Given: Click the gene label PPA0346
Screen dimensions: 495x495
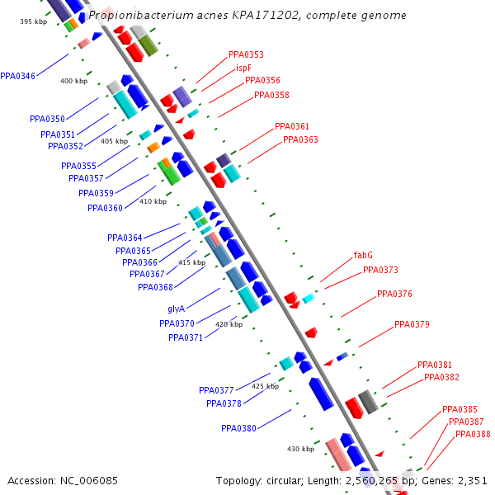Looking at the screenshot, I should pyautogui.click(x=17, y=76).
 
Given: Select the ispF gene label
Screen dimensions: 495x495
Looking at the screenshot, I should pyautogui.click(x=243, y=68).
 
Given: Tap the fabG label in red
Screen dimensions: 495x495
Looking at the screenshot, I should pyautogui.click(x=363, y=256).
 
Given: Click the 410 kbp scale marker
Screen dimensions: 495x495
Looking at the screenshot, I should pyautogui.click(x=153, y=201).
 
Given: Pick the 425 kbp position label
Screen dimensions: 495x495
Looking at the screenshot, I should pyautogui.click(x=265, y=386).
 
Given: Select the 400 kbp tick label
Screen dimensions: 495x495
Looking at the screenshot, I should pyautogui.click(x=73, y=81).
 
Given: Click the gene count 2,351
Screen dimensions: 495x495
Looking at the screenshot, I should pyautogui.click(x=472, y=480).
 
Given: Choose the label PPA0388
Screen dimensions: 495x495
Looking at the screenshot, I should pyautogui.click(x=473, y=434).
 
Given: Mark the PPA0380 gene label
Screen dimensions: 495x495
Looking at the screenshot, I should pyautogui.click(x=238, y=428).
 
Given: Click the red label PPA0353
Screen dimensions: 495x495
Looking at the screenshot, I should pyautogui.click(x=246, y=54).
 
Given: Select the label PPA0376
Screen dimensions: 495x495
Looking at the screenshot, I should pyautogui.click(x=394, y=294).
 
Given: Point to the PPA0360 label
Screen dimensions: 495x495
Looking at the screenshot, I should pyautogui.click(x=105, y=208).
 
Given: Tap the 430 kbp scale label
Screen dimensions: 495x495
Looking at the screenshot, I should pyautogui.click(x=300, y=449).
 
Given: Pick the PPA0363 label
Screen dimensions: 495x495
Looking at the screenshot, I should pyautogui.click(x=300, y=139).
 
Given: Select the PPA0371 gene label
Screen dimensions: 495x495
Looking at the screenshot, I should pyautogui.click(x=186, y=337).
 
